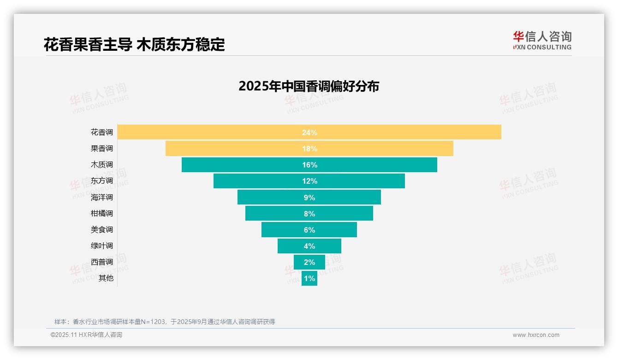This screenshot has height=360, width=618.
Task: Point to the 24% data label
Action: pos(309,132)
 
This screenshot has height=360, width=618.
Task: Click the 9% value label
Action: pos(309,198)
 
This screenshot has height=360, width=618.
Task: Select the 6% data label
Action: pos(309,230)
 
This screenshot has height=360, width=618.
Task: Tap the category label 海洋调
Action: pos(101,197)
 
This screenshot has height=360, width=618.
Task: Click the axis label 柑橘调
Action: pos(101,213)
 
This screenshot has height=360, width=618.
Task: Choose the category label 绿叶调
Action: pos(101,246)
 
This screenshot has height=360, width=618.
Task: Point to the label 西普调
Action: pos(101,262)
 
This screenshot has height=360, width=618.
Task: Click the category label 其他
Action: pos(106,278)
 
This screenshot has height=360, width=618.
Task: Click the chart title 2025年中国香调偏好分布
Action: pos(309,86)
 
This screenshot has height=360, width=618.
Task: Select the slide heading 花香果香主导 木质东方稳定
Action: pos(134,45)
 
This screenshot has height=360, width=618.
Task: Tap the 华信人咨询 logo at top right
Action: pos(542,40)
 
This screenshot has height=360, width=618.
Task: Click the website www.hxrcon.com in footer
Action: pos(536,335)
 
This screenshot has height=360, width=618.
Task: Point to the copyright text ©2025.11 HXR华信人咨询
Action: pos(86,335)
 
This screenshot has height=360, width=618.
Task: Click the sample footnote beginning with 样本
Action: pos(165,322)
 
